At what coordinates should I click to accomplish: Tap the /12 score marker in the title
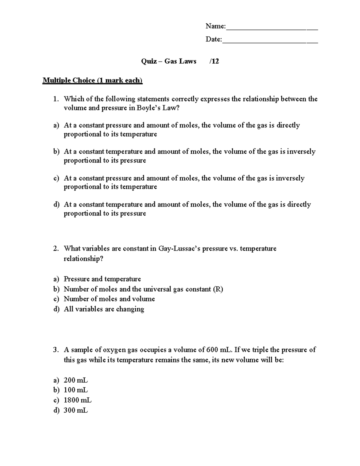pyautogui.click(x=214, y=62)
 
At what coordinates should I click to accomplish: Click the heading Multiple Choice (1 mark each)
pyautogui.click(x=92, y=80)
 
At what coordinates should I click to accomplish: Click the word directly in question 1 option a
pyautogui.click(x=288, y=125)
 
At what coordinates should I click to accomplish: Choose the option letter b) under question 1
pyautogui.click(x=56, y=152)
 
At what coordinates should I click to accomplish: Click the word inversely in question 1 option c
pyautogui.click(x=290, y=178)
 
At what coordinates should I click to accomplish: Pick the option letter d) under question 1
pyautogui.click(x=56, y=205)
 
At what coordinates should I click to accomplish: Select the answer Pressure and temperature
pyautogui.click(x=102, y=279)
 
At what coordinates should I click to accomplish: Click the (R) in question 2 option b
pyautogui.click(x=218, y=289)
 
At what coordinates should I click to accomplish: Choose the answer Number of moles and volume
pyautogui.click(x=109, y=299)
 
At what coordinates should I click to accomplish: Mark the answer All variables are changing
pyautogui.click(x=104, y=309)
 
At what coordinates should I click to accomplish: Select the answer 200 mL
pyautogui.click(x=76, y=380)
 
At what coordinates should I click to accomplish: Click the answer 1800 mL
pyautogui.click(x=77, y=400)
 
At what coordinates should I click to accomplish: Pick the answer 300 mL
pyautogui.click(x=76, y=410)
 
